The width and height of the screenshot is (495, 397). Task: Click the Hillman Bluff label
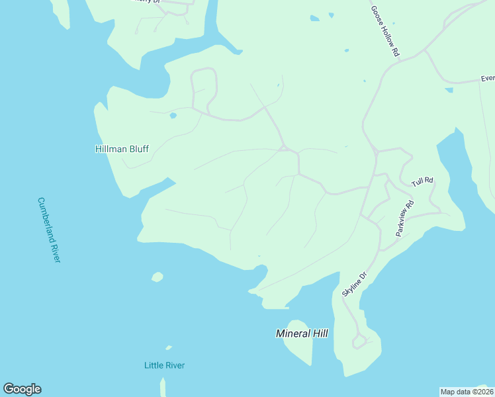click(122, 150)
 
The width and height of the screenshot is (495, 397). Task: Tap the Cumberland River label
click(49, 230)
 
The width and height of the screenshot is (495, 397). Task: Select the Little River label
click(164, 365)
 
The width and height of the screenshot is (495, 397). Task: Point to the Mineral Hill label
click(302, 333)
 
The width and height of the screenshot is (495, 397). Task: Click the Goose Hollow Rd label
click(384, 31)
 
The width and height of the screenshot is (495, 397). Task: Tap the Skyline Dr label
click(353, 284)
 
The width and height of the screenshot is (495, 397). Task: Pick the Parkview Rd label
click(404, 218)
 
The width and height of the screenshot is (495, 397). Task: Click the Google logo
click(22, 389)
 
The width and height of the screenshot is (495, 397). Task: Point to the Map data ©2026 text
click(466, 392)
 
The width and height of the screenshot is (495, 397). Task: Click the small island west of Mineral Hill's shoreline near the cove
click(157, 277)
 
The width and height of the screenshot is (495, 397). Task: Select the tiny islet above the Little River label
click(169, 347)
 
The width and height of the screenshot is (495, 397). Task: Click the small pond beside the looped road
click(173, 116)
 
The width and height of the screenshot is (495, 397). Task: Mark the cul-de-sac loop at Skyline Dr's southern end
click(359, 341)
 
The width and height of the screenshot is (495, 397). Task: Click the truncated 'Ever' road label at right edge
click(487, 78)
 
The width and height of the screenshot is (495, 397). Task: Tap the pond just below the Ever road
click(449, 89)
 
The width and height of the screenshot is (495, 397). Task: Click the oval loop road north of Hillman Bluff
click(203, 89)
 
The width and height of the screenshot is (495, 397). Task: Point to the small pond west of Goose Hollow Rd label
click(345, 50)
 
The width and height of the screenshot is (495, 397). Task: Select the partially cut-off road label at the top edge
click(148, 2)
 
